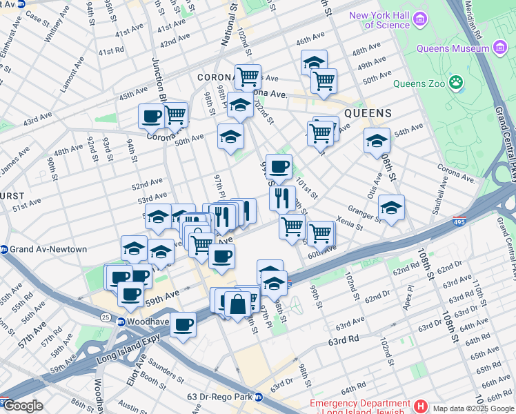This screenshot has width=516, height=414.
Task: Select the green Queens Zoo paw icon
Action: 456,84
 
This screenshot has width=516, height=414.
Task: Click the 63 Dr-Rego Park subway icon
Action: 259,397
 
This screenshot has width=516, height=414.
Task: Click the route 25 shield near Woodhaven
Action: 106,317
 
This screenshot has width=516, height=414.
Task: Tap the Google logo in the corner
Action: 22,406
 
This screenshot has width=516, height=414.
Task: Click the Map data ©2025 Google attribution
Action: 473,408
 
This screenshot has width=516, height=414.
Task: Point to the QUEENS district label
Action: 368,113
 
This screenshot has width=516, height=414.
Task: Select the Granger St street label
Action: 364,210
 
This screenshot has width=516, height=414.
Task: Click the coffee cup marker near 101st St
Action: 279,168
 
